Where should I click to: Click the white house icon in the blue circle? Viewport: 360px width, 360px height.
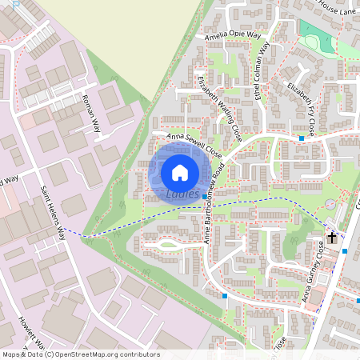180,171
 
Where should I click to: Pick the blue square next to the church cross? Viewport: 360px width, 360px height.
344,250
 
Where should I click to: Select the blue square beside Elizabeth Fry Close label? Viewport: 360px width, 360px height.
301,138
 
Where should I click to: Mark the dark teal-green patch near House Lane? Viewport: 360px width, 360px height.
314,33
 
